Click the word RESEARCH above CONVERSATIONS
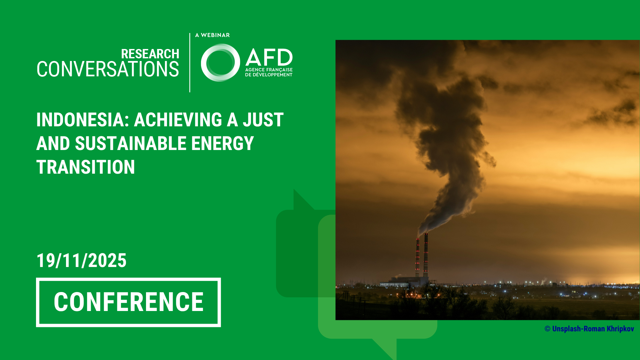pos(150,54)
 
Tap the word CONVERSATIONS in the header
pos(108,69)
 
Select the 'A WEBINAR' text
pos(212,35)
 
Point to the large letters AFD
pos(269,57)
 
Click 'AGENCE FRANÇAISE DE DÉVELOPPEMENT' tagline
pos(269,72)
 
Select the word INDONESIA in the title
pos(80,120)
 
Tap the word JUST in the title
pos(263,120)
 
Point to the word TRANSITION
pos(86,167)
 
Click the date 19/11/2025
pos(81,261)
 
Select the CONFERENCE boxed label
pos(128,302)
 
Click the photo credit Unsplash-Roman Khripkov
pos(593,329)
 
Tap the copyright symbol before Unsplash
pos(547,329)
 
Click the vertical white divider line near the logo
pos(190,63)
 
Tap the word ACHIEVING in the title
pos(178,120)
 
